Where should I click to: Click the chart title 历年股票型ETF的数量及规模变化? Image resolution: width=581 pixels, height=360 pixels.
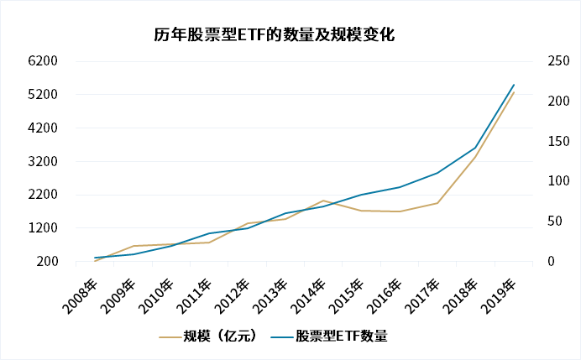point(275,34)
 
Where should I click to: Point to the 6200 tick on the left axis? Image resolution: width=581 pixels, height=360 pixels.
point(43,61)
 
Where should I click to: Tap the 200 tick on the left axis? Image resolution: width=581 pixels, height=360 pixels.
point(46,262)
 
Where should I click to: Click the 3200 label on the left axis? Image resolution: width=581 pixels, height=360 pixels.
point(43,161)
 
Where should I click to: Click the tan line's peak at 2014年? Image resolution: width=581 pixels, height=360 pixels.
point(323,201)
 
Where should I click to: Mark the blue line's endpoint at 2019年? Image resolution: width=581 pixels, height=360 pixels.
point(514,85)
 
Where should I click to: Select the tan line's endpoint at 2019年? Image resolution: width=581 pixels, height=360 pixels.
point(514,91)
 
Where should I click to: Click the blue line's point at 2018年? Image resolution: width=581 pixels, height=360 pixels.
point(475,148)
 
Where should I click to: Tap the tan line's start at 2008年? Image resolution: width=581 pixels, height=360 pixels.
point(95,261)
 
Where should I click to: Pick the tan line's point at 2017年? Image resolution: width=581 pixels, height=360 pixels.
point(437,203)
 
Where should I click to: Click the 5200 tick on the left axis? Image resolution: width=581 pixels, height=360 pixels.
point(43,94)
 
